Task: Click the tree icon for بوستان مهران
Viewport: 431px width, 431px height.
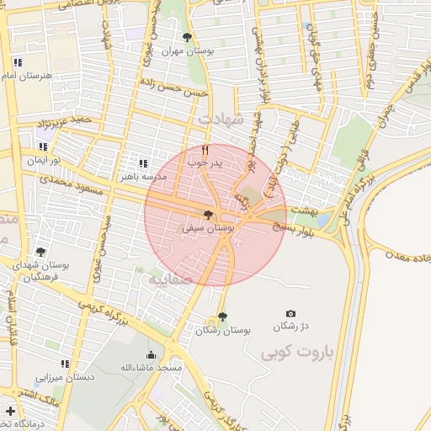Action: pos(187,37)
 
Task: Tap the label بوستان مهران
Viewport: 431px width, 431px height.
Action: pos(187,51)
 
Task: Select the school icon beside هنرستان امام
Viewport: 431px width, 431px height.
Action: pos(17,62)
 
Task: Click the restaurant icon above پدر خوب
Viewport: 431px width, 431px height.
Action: pos(205,150)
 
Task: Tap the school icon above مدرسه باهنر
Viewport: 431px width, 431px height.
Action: pos(143,163)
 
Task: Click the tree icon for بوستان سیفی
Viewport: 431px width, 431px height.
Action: pos(208,215)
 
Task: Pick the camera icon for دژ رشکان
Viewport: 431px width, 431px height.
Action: pos(291,313)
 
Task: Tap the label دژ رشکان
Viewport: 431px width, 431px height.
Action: pos(291,327)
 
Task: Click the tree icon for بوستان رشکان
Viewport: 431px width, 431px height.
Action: pos(221,317)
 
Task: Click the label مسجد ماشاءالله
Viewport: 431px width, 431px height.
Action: pos(151,368)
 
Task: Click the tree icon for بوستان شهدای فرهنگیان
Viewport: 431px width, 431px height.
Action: pos(40,252)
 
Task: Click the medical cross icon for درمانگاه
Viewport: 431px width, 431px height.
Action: pos(10,412)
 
